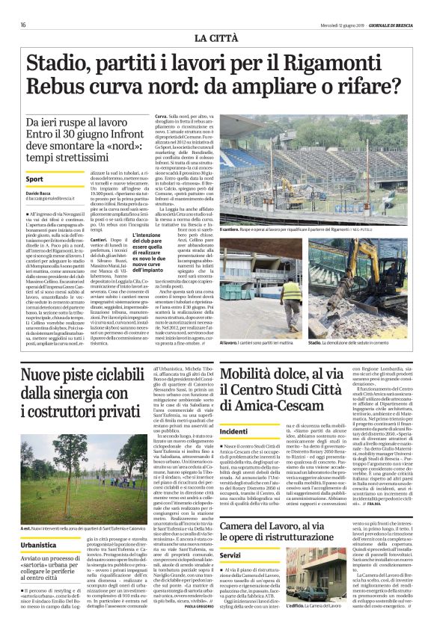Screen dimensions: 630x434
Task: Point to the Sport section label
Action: [x=34, y=180]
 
